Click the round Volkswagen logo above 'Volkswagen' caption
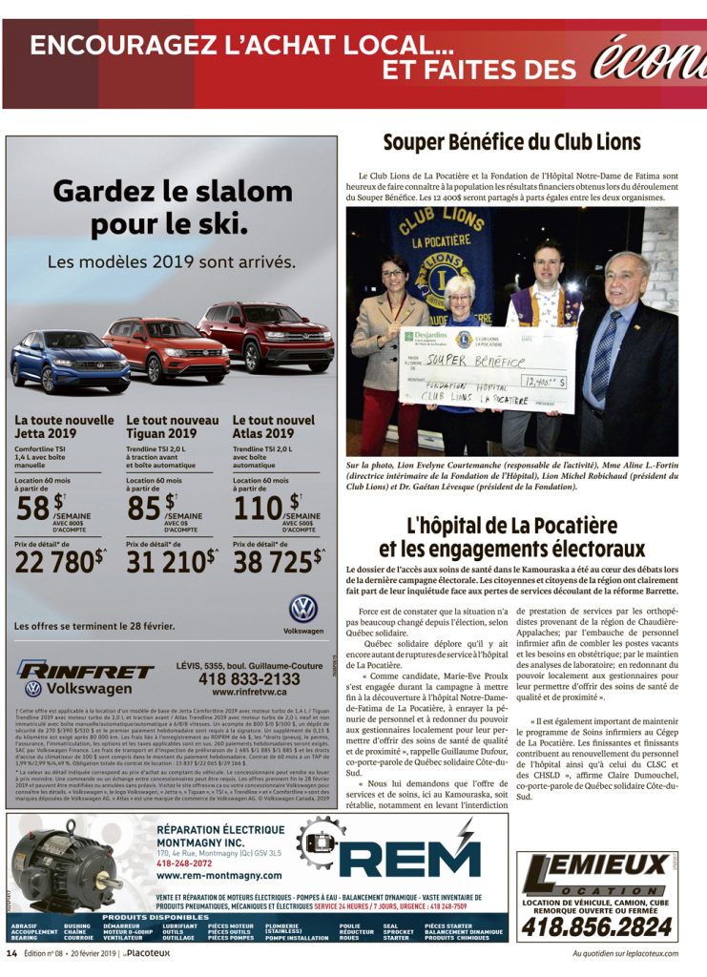[303, 610]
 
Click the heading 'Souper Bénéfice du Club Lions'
[511, 142]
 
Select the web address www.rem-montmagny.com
[218, 875]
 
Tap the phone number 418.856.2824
[596, 925]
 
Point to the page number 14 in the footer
[12, 952]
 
